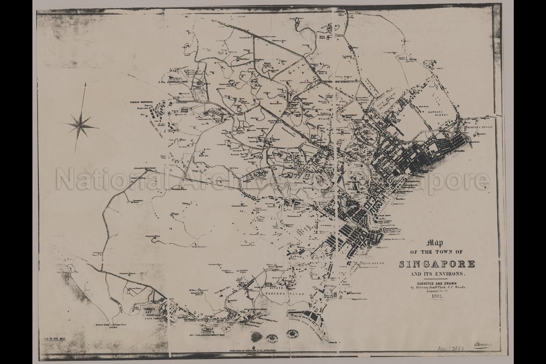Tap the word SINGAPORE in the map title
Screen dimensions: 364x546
pos(437,264)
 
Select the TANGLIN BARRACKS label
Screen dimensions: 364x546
pos(141,101)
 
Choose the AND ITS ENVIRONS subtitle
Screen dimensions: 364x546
pos(437,274)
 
